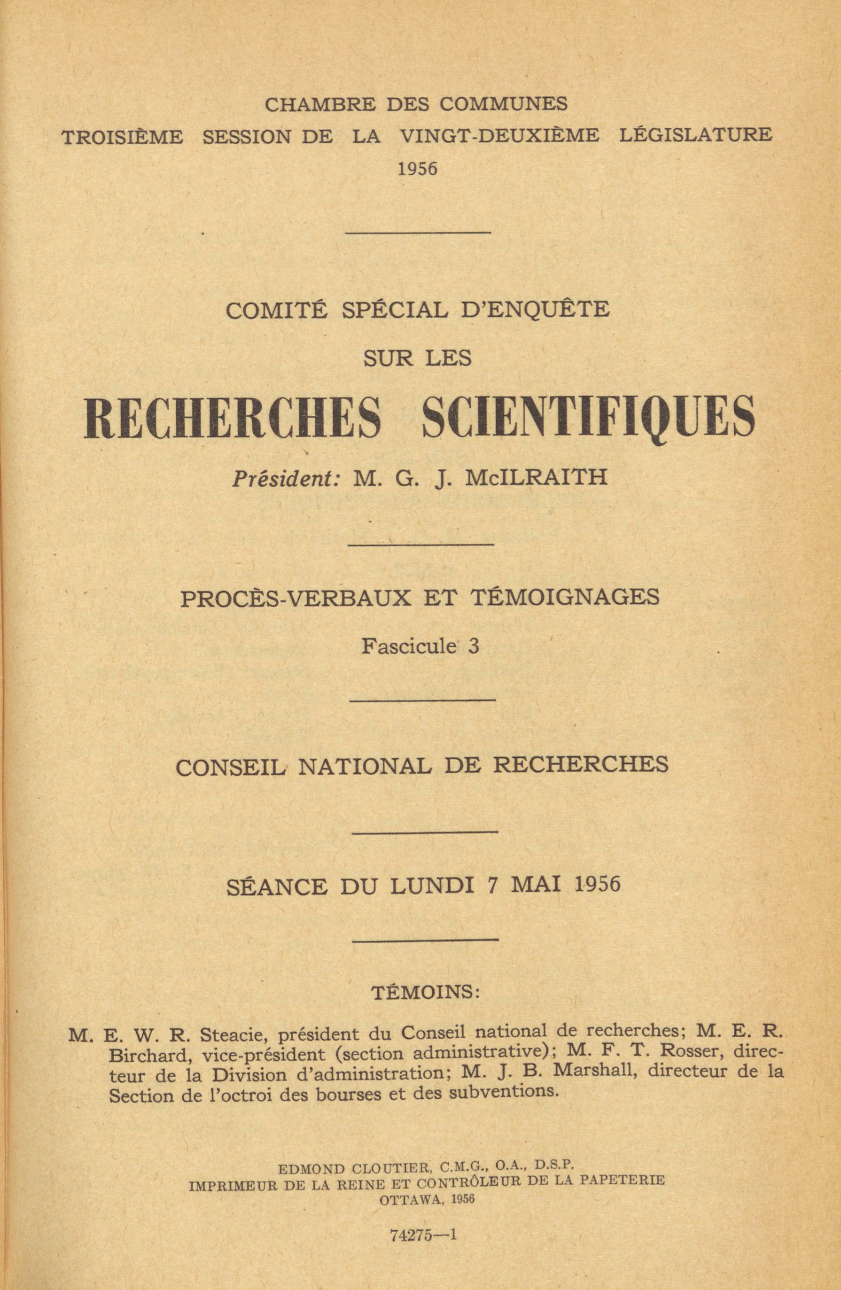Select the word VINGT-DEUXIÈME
tap(499, 135)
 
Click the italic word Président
tap(286, 478)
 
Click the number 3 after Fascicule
tap(474, 645)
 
